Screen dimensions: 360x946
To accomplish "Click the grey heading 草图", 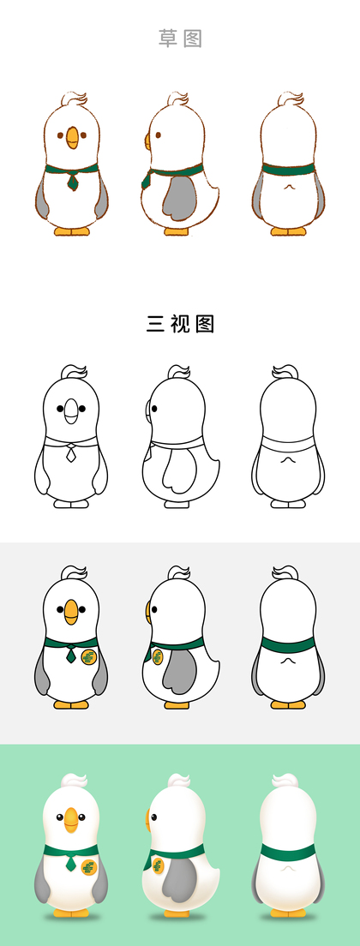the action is click(180, 39).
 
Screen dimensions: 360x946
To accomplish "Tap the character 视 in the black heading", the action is click(180, 324).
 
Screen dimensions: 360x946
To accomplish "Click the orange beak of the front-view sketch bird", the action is click(72, 138).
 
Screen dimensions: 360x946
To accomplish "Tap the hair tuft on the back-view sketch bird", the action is click(290, 99).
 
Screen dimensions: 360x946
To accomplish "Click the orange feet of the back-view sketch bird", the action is click(288, 231).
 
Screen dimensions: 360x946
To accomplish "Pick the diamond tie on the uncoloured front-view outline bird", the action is click(71, 453).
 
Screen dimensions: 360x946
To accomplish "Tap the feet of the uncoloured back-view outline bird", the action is click(288, 504).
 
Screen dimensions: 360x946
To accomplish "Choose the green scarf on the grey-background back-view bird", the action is click(288, 644).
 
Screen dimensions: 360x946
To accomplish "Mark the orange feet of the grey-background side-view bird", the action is click(177, 704).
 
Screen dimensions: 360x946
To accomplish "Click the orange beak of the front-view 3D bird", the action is click(71, 820).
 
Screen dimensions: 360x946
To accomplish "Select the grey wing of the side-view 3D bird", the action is click(179, 880).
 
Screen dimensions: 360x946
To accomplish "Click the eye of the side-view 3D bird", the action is click(153, 817).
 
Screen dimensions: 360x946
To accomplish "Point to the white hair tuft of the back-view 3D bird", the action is click(288, 780).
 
